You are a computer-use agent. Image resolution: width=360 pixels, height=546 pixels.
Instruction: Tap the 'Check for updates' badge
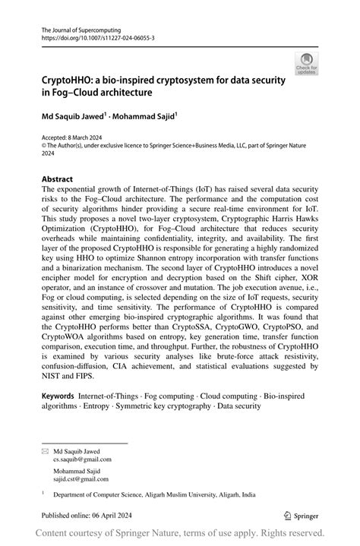[x=306, y=65]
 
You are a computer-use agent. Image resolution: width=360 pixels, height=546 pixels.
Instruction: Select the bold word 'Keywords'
[x=58, y=396]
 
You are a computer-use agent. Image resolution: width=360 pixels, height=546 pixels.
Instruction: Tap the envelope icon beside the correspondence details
[x=44, y=450]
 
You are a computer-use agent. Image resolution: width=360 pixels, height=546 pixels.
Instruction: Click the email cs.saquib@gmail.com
[x=82, y=459]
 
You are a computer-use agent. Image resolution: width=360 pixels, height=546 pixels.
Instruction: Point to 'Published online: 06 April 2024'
[x=92, y=513]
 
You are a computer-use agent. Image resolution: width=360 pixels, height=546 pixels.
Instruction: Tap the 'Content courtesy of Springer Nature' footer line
[x=180, y=533]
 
